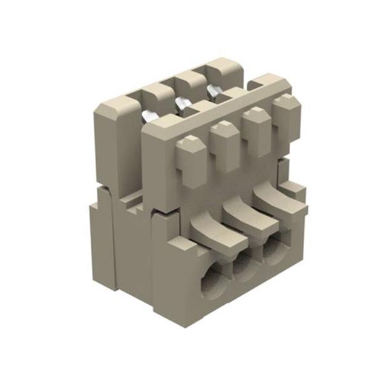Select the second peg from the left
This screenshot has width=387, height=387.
(225, 145)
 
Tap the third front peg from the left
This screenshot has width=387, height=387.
(257, 131)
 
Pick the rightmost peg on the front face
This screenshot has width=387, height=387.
(285, 117)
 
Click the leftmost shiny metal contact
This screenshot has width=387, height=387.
(150, 116)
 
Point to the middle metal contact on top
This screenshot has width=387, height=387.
(183, 104)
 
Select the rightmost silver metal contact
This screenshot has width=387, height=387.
(213, 91)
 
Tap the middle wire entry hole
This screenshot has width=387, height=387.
(246, 266)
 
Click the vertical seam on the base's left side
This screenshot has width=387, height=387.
(112, 242)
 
